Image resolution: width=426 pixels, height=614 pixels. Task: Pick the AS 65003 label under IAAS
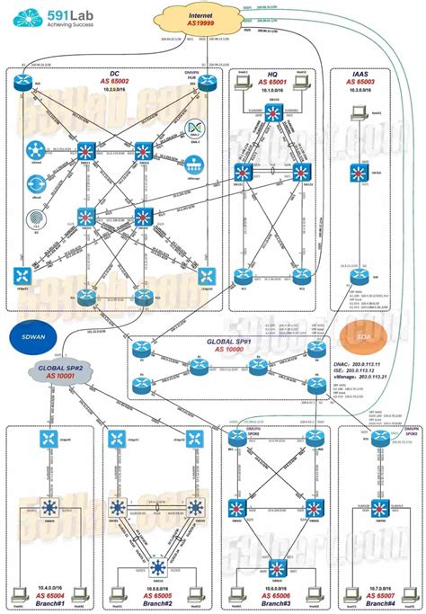pyautogui.click(x=361, y=81)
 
